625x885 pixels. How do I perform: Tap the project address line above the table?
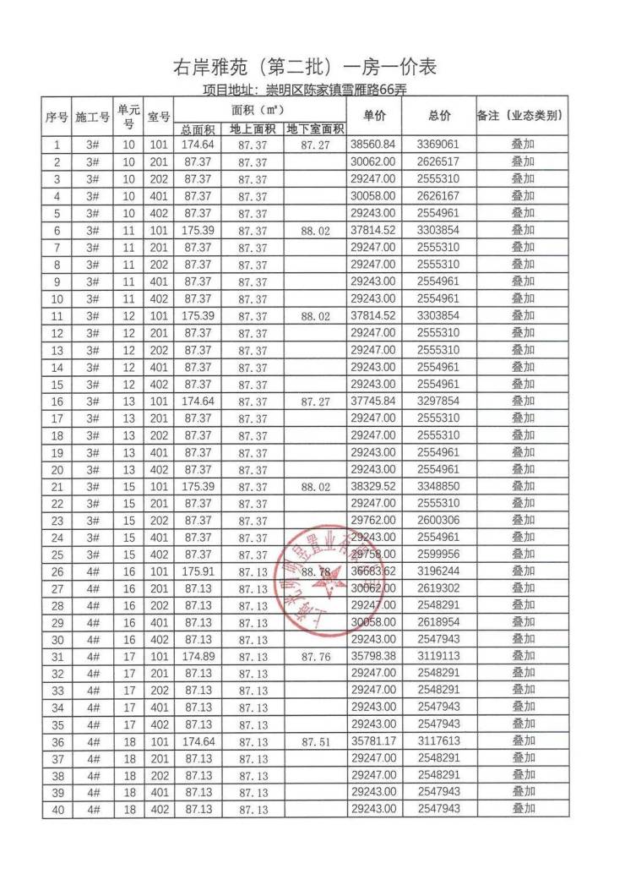tap(305, 90)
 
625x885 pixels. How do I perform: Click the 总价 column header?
tap(439, 116)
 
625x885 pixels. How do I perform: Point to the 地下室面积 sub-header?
tap(315, 129)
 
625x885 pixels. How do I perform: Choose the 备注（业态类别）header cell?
tap(520, 116)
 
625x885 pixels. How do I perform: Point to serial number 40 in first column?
tap(57, 810)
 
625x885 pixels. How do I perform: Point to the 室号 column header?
tap(159, 116)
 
